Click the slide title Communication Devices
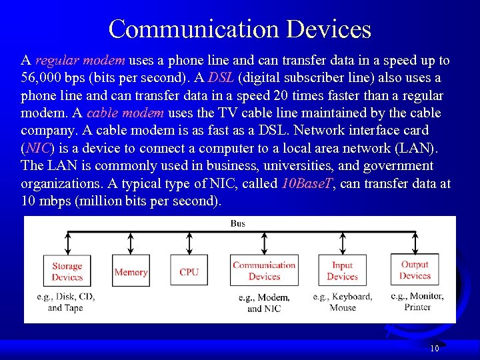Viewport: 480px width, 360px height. coord(239,29)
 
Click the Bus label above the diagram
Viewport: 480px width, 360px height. coord(238,223)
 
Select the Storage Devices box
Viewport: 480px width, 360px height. coord(67,271)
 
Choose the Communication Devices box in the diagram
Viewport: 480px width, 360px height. coord(264,271)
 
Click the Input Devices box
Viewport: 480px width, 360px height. coord(342,271)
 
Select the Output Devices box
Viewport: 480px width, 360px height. coord(415,270)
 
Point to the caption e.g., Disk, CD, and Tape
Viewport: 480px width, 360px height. coord(66,302)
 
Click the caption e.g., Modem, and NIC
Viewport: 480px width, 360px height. coord(264,303)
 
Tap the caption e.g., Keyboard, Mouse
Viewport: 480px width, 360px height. coord(343,302)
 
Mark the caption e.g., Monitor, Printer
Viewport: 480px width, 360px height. coord(417,301)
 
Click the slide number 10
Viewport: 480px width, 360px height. coord(434,349)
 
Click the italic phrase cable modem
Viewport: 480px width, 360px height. coord(115,113)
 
